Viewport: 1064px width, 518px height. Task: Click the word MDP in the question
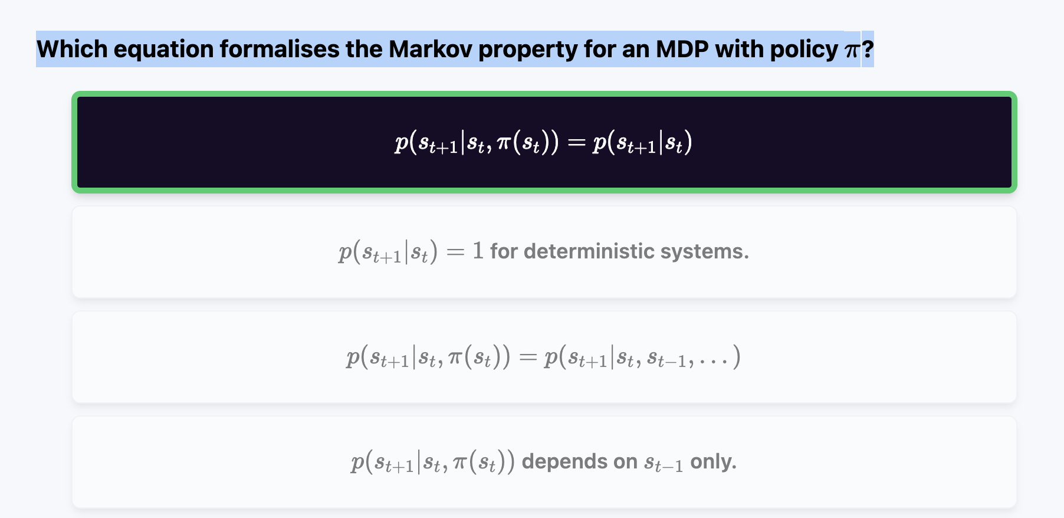[x=682, y=50]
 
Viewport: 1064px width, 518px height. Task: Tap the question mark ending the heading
[x=868, y=50]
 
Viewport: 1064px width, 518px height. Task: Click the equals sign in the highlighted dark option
[x=576, y=143]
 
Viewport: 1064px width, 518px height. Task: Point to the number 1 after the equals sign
[x=478, y=251]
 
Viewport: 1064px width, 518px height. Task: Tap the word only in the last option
[x=713, y=461]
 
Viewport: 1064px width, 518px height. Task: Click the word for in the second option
[x=504, y=251]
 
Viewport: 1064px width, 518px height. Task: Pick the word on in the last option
[x=625, y=462]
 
